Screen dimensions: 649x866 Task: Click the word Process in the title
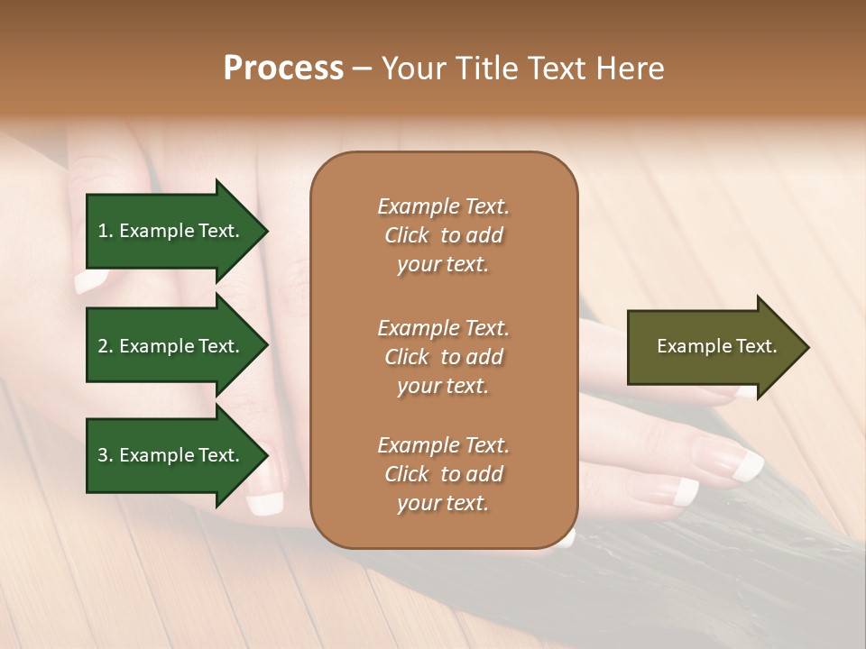283,69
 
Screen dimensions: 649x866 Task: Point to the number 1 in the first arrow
103,231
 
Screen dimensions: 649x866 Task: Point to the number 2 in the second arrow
103,346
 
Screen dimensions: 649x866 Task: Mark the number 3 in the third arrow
103,455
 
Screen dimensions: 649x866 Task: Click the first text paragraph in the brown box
443,235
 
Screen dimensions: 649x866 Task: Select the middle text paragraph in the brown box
443,356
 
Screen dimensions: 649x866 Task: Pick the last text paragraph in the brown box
443,474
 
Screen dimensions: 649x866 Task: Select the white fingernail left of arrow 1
90,282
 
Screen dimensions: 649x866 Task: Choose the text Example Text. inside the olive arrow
716,346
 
